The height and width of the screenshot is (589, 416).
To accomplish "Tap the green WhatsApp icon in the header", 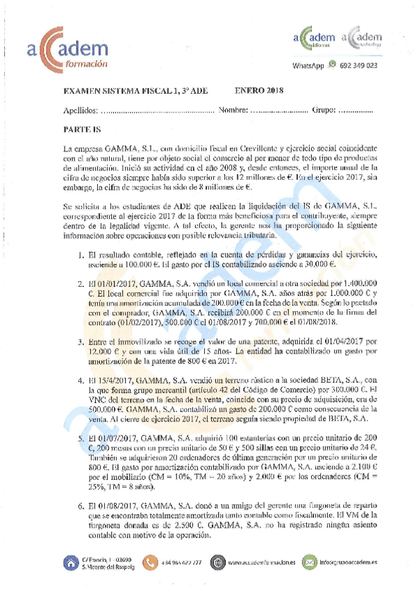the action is (x=333, y=65).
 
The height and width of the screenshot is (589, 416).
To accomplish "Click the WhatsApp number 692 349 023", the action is (x=359, y=65).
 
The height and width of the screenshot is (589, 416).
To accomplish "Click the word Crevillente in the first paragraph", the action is (x=259, y=149).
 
